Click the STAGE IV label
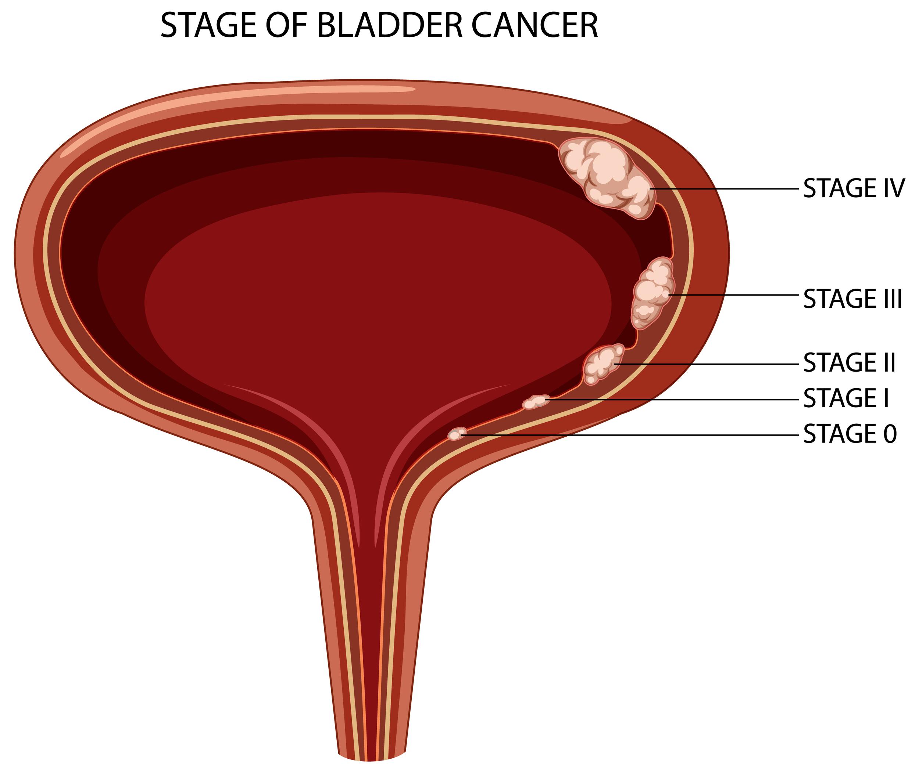(854, 188)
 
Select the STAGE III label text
(852, 299)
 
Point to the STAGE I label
(846, 398)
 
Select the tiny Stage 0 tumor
(457, 434)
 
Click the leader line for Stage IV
(724, 189)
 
